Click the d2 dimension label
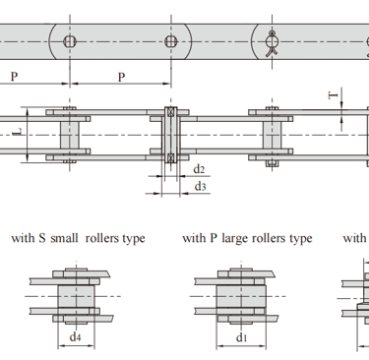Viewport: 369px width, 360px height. pyautogui.click(x=199, y=169)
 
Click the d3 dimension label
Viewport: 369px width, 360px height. pyautogui.click(x=200, y=186)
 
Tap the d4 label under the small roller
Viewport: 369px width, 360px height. pyautogui.click(x=75, y=336)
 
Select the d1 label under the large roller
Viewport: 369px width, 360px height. pyautogui.click(x=241, y=337)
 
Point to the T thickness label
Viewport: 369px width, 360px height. pyautogui.click(x=334, y=95)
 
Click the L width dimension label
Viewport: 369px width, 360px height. pyautogui.click(x=18, y=132)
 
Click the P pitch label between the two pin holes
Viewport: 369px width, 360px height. pyautogui.click(x=121, y=77)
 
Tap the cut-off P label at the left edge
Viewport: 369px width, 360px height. pyautogui.click(x=14, y=77)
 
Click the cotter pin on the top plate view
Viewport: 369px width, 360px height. pyautogui.click(x=273, y=44)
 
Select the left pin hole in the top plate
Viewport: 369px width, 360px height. pyautogui.click(x=70, y=41)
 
